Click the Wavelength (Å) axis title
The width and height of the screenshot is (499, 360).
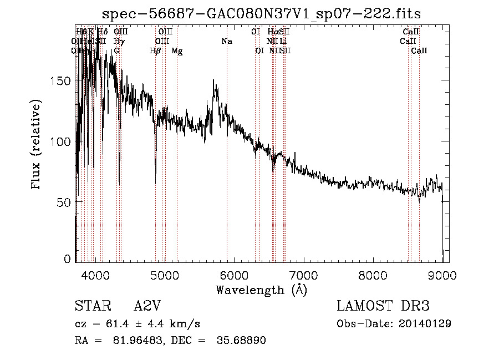261,290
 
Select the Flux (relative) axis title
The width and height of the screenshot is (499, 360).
37,144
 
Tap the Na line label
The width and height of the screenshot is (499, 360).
226,42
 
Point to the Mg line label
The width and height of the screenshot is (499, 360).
177,51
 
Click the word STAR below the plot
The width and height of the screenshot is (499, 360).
90,306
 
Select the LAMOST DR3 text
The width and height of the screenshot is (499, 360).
383,306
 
